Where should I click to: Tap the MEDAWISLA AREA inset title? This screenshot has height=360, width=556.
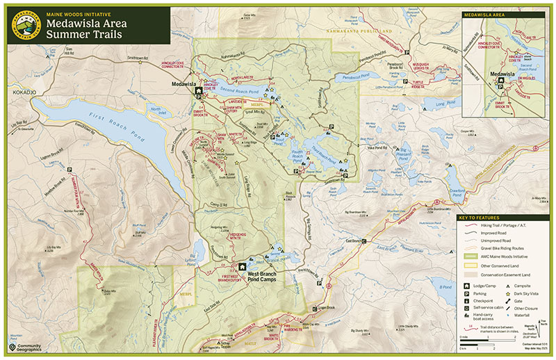tap(485, 13)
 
